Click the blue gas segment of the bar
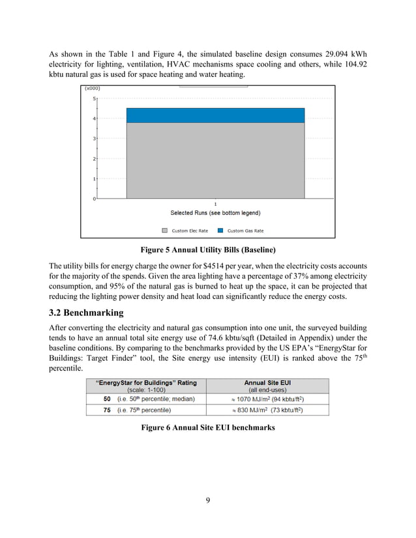(x=215, y=115)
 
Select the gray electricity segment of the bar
(x=215, y=160)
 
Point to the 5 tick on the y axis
(x=94, y=98)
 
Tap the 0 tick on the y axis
(x=94, y=199)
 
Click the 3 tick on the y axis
(x=94, y=139)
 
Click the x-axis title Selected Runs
(x=215, y=213)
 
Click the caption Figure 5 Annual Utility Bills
(x=208, y=250)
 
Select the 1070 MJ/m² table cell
(x=267, y=399)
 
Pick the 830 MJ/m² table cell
(x=267, y=410)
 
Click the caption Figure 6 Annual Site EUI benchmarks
(x=208, y=428)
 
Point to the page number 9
(x=207, y=500)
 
